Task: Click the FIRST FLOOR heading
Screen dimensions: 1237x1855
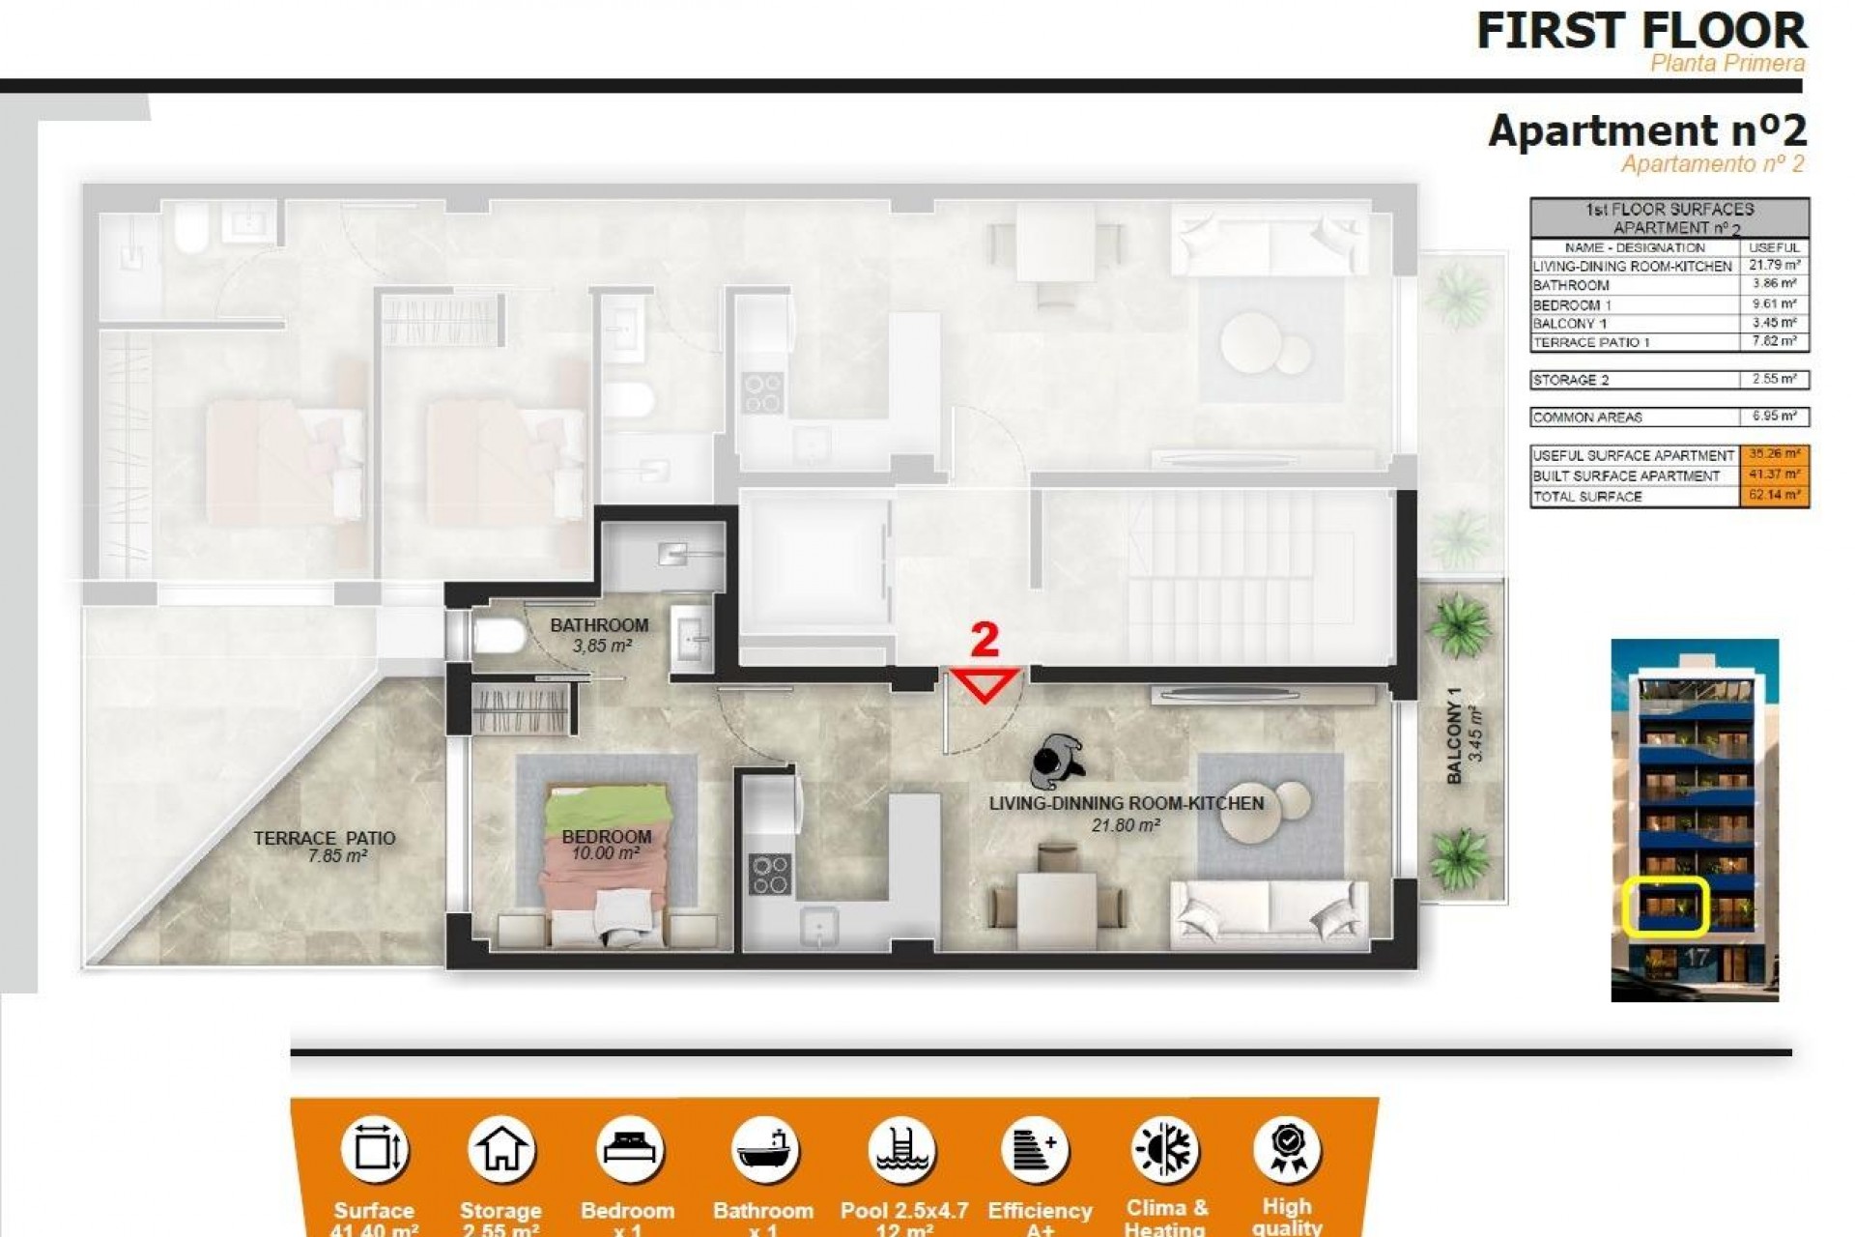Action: point(1641,31)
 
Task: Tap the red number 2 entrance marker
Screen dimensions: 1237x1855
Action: point(984,640)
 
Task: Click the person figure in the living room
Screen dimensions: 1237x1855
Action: point(1057,762)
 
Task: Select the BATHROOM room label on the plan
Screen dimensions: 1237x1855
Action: point(599,625)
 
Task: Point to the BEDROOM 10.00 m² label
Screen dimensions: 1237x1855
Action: point(606,845)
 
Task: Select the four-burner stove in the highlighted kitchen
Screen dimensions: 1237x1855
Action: point(769,874)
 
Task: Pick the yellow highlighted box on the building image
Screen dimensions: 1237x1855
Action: point(1666,906)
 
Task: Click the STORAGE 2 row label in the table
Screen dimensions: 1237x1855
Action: point(1571,380)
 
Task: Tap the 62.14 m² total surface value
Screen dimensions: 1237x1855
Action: point(1774,496)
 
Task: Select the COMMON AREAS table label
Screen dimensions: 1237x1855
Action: point(1586,417)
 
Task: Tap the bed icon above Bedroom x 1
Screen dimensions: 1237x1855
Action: point(629,1150)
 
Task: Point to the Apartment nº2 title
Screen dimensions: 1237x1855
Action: point(1646,130)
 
